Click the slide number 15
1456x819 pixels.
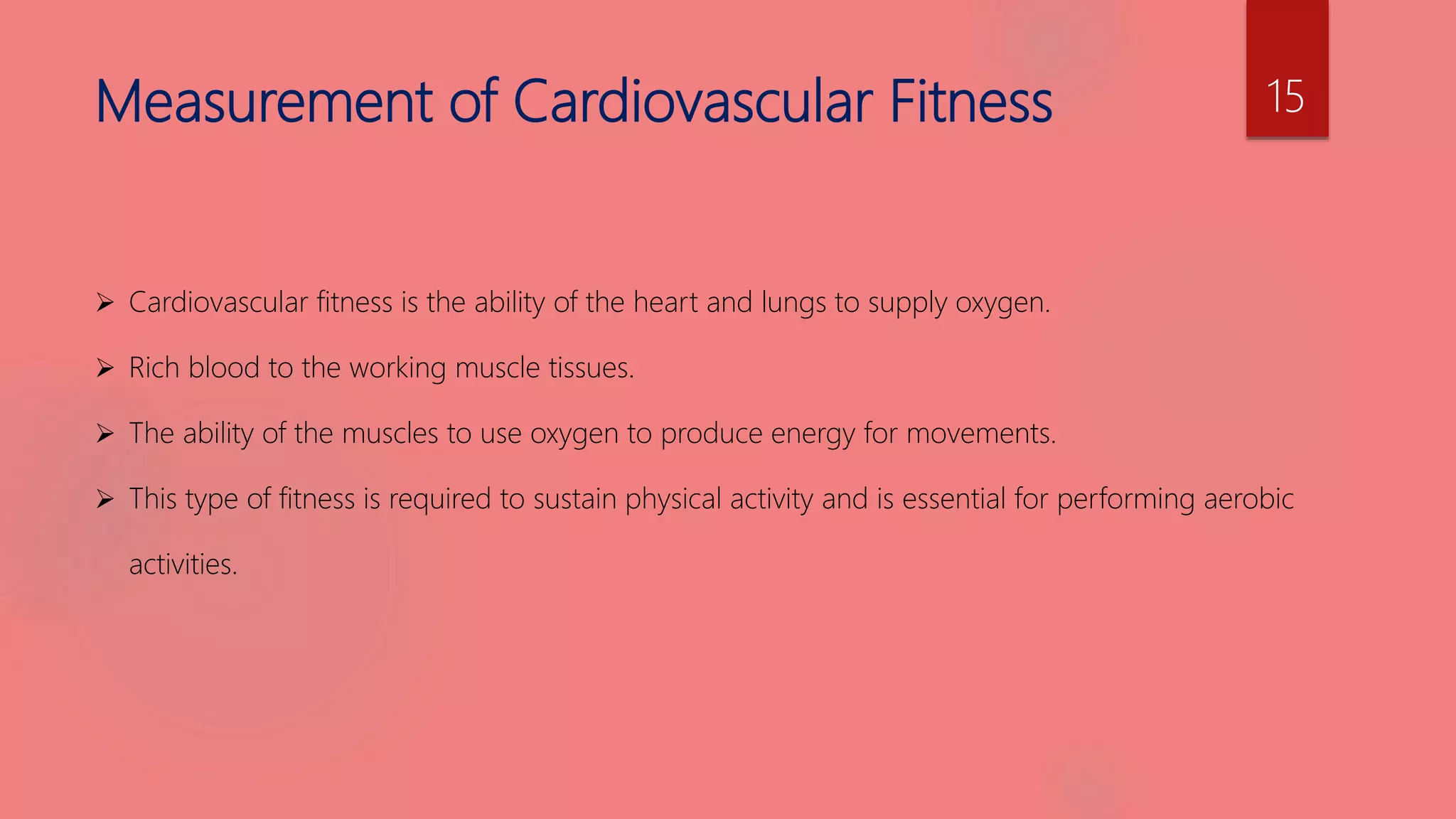point(1285,97)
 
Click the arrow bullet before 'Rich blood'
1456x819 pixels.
point(105,368)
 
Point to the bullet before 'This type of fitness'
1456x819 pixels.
point(105,499)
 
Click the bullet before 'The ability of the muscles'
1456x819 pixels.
point(105,434)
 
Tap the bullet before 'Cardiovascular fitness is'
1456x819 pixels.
point(105,304)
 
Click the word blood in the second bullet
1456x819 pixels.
point(224,368)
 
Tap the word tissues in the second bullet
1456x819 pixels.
point(591,368)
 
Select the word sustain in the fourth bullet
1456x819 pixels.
point(575,499)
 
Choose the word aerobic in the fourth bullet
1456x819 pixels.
point(1248,499)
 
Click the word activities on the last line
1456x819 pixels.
point(183,564)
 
